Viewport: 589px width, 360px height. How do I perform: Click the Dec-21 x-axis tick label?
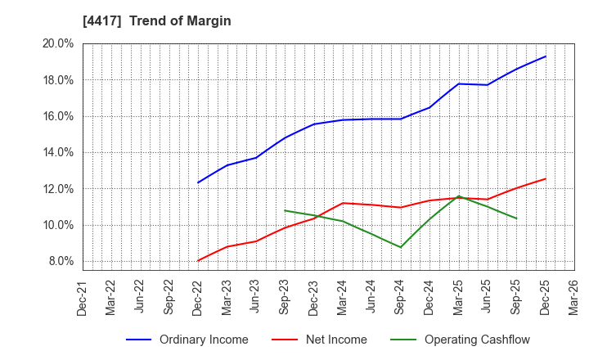click(x=83, y=297)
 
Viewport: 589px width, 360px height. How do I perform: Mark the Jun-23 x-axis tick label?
click(x=256, y=297)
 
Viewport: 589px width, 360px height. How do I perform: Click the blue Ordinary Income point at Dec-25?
click(x=546, y=56)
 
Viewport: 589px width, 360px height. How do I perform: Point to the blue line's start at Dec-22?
click(x=198, y=182)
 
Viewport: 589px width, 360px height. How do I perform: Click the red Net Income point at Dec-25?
click(x=546, y=178)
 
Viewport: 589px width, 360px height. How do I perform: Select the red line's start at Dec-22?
click(x=198, y=261)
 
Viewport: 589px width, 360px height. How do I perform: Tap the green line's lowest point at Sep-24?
click(x=401, y=247)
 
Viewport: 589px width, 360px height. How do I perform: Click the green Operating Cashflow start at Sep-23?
click(x=285, y=210)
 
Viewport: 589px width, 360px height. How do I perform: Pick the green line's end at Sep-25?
click(x=516, y=218)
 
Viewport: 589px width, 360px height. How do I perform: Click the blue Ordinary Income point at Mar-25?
click(x=459, y=83)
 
